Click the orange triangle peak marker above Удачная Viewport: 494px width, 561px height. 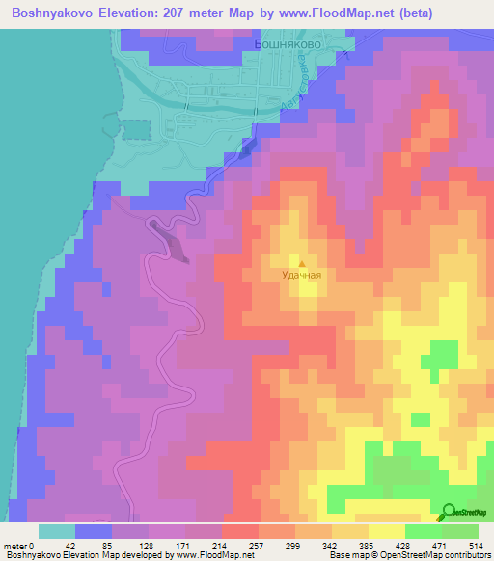tap(301, 262)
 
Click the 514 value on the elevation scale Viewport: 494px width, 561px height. tap(473, 545)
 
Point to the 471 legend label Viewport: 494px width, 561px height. tap(431, 545)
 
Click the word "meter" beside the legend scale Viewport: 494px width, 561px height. tap(14, 545)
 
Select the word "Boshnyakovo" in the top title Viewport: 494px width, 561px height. tap(49, 13)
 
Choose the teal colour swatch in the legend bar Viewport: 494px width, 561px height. tap(57, 531)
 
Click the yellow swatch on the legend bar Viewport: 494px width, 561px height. tap(386, 531)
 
